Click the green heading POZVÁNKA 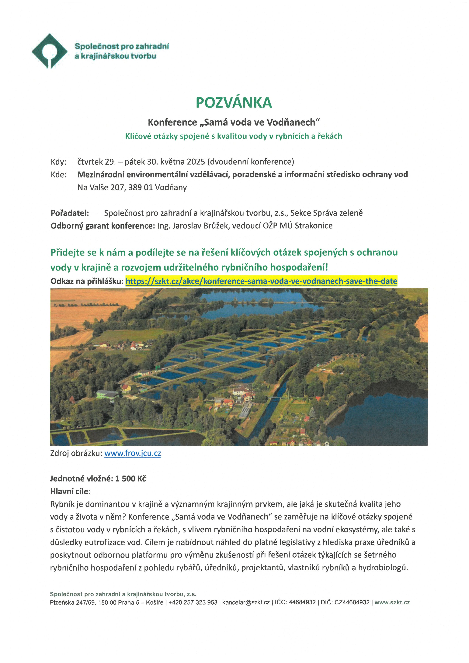click(x=234, y=103)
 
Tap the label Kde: click(x=59, y=175)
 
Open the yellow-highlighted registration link click(x=261, y=281)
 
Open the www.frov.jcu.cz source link click(x=133, y=453)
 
